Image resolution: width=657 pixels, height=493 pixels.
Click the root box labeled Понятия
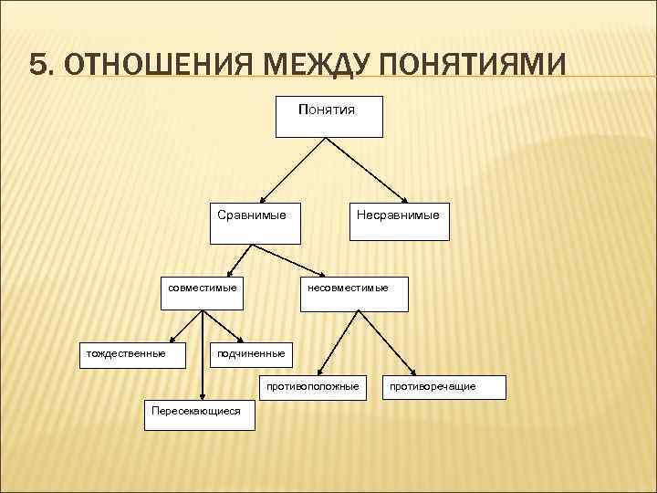[328, 115]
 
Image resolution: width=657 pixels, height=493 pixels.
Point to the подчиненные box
[251, 357]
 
